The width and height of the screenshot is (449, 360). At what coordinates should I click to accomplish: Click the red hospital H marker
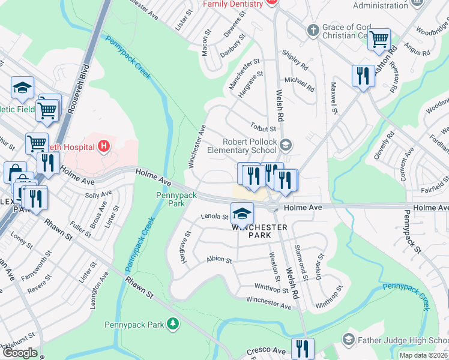click(104, 146)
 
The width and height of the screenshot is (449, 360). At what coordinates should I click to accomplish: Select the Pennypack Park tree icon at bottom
click(173, 325)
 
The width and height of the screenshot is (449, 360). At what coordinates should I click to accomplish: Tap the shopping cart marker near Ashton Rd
click(379, 40)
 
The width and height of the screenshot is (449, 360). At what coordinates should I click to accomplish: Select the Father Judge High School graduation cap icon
click(348, 340)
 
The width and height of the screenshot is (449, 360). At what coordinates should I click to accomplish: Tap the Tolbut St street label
click(263, 128)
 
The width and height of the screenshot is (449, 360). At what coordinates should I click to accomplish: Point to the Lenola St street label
click(215, 216)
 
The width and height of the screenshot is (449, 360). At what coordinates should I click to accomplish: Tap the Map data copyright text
click(423, 355)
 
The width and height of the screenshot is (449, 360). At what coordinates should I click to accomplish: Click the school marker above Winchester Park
click(242, 213)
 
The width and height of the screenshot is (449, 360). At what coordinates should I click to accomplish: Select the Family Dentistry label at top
click(233, 4)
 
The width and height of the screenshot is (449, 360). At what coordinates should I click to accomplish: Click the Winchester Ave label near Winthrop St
click(268, 302)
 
